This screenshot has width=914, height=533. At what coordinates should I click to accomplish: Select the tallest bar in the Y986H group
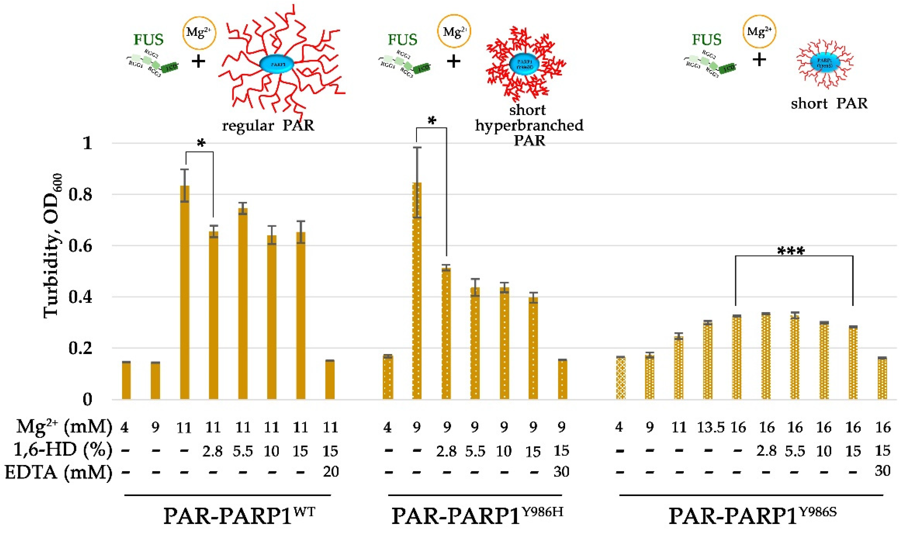point(417,290)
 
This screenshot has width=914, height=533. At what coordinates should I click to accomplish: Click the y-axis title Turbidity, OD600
point(54,247)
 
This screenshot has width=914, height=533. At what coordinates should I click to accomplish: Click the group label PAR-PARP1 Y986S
point(753,515)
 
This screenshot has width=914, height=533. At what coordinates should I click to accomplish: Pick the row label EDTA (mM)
point(58,472)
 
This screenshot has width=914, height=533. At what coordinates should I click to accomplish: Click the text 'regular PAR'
point(268,126)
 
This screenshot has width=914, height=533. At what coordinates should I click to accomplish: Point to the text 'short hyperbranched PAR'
point(529,125)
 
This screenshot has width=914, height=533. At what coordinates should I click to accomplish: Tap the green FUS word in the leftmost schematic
point(148,40)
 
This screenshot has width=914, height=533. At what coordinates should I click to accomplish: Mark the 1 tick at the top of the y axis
point(87,143)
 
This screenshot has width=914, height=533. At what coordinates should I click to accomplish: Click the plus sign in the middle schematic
point(453,61)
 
